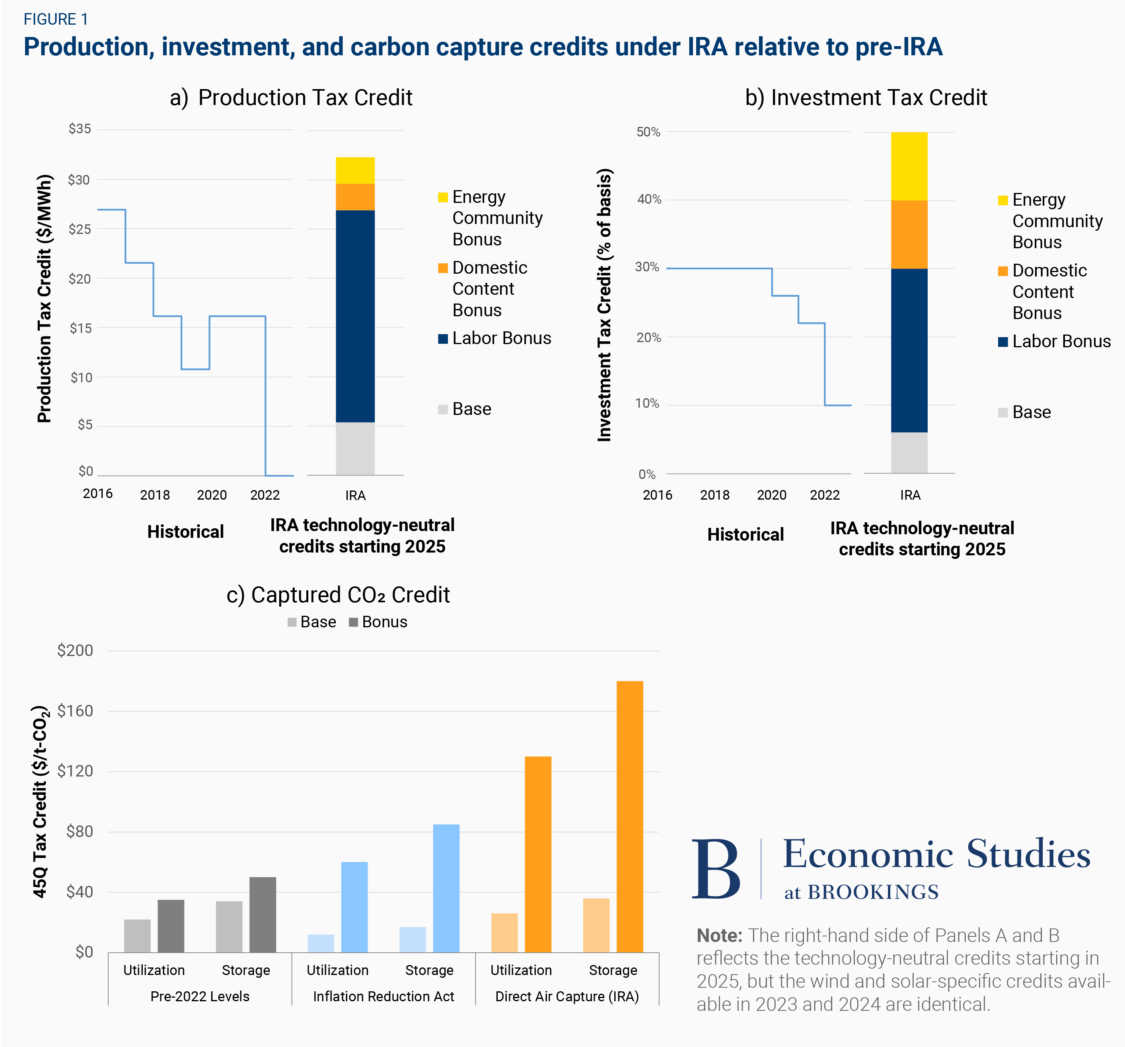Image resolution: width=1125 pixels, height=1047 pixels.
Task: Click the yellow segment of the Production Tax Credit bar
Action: [x=355, y=170]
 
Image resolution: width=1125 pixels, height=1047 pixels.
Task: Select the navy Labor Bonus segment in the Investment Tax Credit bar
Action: [x=909, y=350]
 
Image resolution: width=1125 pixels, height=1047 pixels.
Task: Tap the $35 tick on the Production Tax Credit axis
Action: [x=80, y=129]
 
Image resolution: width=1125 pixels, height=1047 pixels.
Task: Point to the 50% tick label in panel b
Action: [x=648, y=132]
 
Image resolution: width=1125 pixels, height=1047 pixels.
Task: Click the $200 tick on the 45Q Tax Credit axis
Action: [x=75, y=650]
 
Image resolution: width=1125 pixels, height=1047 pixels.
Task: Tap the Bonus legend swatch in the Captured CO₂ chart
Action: [x=354, y=623]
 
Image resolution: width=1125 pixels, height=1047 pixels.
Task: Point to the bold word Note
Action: [x=719, y=936]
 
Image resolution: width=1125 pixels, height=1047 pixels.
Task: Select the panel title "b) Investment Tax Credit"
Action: [x=866, y=98]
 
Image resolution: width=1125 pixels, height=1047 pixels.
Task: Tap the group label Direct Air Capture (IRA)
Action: [x=567, y=996]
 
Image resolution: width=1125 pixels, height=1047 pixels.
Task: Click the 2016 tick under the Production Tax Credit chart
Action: [x=97, y=494]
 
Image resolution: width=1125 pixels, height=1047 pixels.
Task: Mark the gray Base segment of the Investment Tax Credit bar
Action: [x=909, y=453]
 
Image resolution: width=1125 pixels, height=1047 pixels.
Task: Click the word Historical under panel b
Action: [x=745, y=535]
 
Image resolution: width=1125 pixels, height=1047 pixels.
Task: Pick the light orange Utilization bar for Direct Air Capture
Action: [x=504, y=933]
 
